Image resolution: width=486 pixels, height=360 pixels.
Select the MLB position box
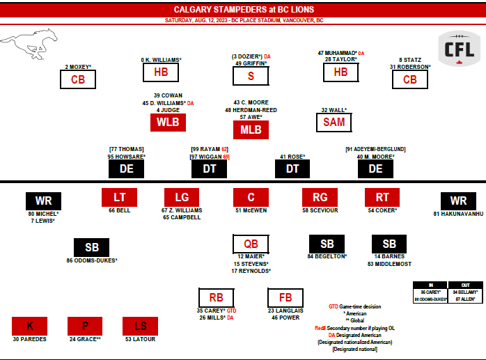click(251, 130)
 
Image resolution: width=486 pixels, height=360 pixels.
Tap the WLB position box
click(168, 122)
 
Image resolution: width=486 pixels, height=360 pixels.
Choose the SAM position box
click(334, 122)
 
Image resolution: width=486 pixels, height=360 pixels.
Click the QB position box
click(251, 244)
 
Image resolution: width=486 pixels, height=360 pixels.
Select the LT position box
click(119, 197)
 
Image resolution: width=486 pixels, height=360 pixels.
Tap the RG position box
click(320, 197)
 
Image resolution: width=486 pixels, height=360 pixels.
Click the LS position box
click(140, 326)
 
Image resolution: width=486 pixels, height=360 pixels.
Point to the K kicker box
click(29, 326)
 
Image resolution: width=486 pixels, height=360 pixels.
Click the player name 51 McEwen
click(251, 210)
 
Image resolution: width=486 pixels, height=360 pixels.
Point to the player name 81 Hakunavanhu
click(457, 214)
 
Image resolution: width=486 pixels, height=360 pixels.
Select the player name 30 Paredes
click(29, 339)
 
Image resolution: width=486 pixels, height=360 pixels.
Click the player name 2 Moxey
click(78, 67)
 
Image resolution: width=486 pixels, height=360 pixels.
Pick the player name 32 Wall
click(334, 109)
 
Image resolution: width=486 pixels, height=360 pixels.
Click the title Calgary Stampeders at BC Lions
click(243, 9)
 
